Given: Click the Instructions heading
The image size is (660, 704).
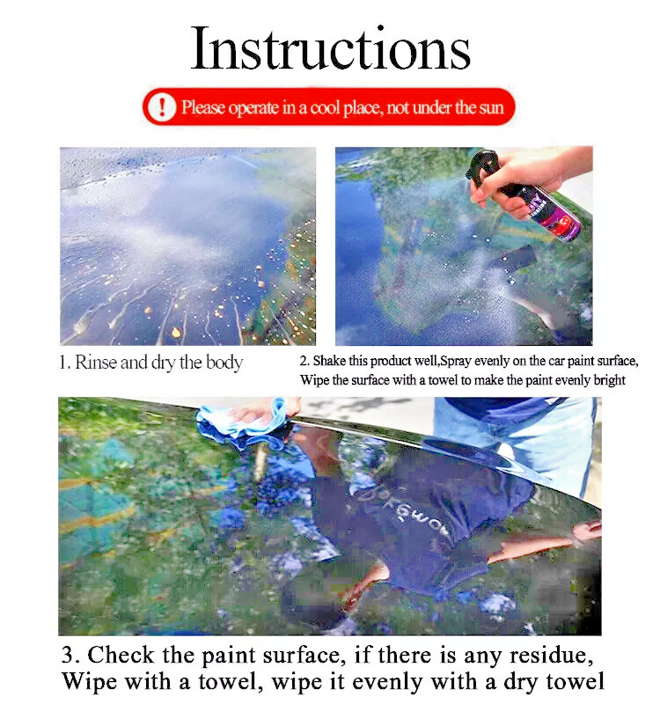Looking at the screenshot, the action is coord(331,48).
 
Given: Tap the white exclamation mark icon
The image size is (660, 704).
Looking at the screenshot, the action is coord(162,106).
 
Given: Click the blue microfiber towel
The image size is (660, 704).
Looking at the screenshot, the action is coord(243,423).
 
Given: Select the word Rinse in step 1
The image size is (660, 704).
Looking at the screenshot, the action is coord(96,362).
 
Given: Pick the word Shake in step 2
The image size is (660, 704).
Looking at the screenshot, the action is coord(329,361).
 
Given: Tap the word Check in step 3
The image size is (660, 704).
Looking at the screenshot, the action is coord(121,655).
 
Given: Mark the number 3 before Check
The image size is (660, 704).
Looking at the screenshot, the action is coord(69,655).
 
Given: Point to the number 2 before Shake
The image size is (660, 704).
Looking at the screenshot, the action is coord(304,361).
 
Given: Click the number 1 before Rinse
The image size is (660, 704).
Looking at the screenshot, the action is coord(64,363).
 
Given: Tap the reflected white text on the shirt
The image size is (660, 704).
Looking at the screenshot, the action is coord(407,512).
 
